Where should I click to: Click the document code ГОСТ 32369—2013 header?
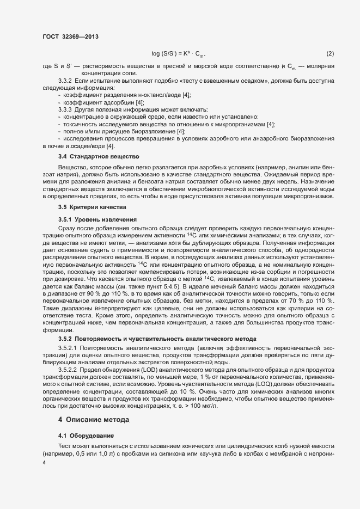tap(70, 37)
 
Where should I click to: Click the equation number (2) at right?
tap(330, 53)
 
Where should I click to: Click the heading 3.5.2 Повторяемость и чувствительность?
tap(157, 339)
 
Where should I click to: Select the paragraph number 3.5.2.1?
tap(68, 347)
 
